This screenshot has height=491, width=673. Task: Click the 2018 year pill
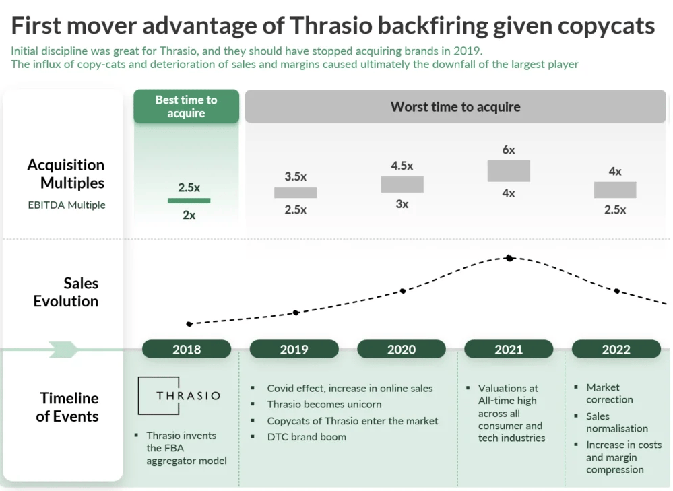(x=187, y=350)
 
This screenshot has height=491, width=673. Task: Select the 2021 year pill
(x=509, y=350)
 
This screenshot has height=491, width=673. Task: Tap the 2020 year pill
(x=402, y=350)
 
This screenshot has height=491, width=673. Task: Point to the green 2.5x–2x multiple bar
(x=189, y=201)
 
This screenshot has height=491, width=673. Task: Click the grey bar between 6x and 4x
(x=509, y=170)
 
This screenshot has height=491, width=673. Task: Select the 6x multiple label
(x=509, y=150)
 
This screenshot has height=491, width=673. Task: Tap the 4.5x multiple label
(x=402, y=166)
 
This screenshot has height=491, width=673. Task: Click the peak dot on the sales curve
(x=509, y=258)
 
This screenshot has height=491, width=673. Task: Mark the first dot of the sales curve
(x=189, y=324)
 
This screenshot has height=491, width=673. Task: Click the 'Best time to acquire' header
(x=186, y=106)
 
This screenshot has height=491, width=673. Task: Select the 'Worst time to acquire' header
(x=455, y=106)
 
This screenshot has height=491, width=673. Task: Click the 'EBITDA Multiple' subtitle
(x=67, y=205)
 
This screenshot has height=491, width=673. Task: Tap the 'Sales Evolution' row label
(x=66, y=292)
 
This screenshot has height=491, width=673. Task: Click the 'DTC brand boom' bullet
(x=307, y=437)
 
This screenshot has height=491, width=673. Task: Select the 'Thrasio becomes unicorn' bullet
(x=324, y=404)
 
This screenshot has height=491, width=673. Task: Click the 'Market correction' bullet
(x=609, y=393)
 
